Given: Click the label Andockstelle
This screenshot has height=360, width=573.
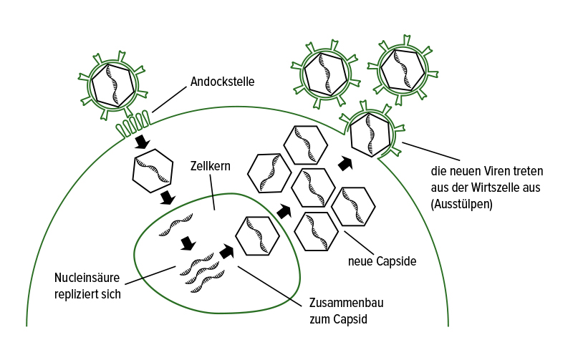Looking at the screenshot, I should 222,82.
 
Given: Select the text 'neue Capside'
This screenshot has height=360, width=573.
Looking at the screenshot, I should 382,261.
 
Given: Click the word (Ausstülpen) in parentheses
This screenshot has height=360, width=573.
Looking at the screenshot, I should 461,203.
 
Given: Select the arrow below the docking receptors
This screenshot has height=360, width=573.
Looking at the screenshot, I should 142,141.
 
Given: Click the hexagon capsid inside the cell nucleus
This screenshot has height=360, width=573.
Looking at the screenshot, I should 257,235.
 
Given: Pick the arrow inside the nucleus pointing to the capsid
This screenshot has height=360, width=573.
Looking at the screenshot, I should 227,250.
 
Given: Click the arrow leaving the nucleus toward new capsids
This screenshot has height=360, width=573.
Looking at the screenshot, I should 284,211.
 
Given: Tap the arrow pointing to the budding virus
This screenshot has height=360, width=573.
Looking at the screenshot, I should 345,163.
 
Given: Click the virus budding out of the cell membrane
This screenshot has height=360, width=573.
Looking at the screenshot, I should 370,133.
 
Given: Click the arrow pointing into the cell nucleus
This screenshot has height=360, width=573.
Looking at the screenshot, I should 168,196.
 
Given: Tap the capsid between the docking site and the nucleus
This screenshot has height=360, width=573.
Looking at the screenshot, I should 153,171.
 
